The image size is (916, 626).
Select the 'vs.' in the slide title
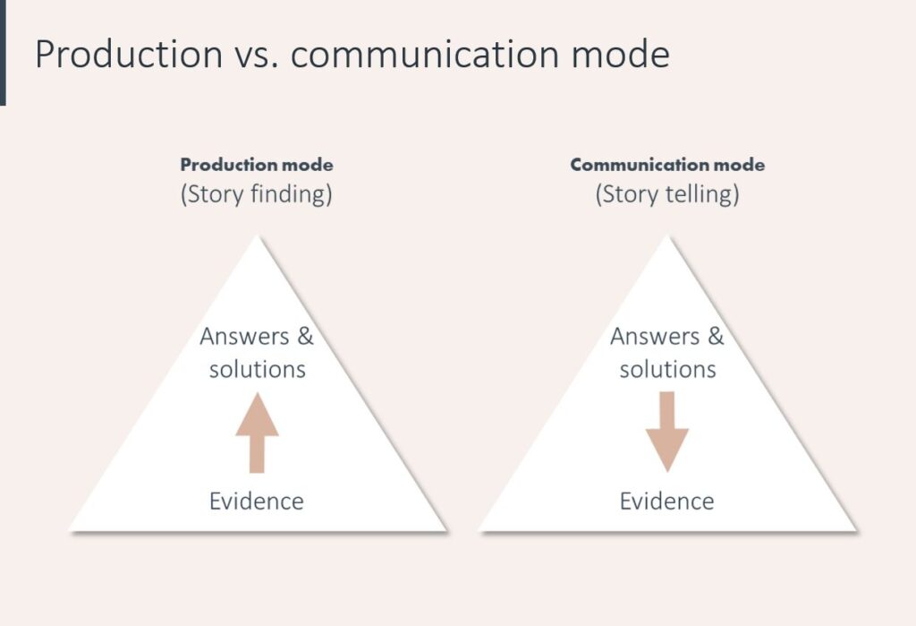(257, 56)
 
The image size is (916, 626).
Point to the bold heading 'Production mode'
(257, 165)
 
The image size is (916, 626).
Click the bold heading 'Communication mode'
(667, 165)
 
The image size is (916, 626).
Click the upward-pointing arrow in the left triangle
(257, 436)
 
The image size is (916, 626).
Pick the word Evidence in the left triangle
(257, 501)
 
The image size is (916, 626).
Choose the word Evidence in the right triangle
(667, 501)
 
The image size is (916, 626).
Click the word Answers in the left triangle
(244, 337)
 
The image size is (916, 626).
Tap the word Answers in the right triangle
(655, 337)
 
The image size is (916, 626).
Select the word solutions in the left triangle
(258, 369)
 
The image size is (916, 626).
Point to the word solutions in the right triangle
(668, 369)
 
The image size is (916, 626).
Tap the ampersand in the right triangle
(716, 337)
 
